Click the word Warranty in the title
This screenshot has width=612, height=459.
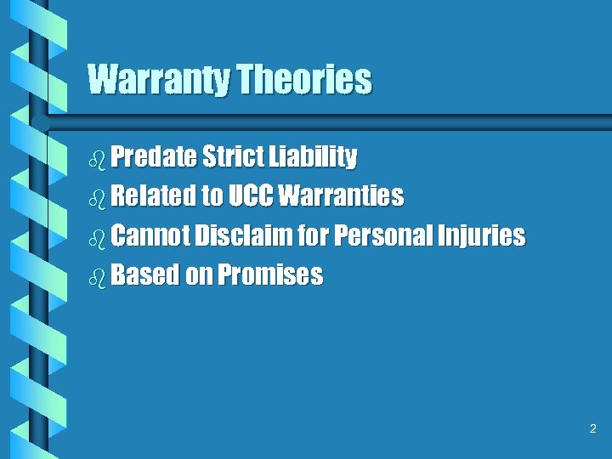(x=159, y=80)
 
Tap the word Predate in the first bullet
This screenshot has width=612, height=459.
(x=153, y=157)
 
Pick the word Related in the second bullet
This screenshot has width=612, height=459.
(x=153, y=196)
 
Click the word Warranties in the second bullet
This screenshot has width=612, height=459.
(x=341, y=196)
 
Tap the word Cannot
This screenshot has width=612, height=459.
(x=150, y=235)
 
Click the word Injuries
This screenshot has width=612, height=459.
(x=480, y=236)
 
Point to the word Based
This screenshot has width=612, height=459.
(x=144, y=275)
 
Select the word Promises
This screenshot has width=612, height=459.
(x=270, y=275)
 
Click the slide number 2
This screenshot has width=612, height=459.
(x=593, y=429)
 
